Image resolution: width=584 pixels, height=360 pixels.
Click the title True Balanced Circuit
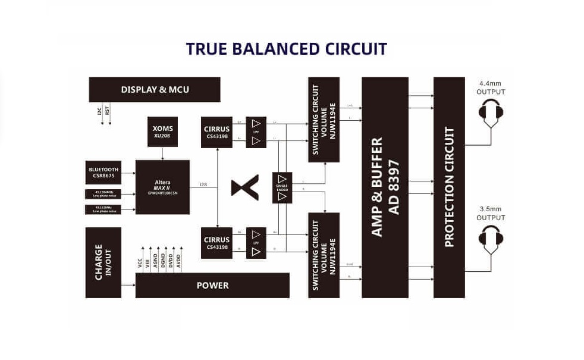pos(286,49)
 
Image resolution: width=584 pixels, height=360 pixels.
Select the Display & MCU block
pos(155,89)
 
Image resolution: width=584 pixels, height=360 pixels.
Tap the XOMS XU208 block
pos(162,132)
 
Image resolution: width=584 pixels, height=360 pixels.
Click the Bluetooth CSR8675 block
pos(103,172)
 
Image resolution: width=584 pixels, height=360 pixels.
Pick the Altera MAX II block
pos(162,187)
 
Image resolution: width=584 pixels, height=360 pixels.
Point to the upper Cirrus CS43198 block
pos(216,132)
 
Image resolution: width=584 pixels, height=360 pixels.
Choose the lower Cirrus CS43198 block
pos(216,243)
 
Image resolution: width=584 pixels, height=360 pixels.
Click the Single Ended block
pos(282,187)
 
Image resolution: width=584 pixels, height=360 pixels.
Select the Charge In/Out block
pos(103,262)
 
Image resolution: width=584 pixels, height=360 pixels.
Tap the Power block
pos(212,286)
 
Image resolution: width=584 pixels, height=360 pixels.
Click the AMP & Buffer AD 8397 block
pos(385,187)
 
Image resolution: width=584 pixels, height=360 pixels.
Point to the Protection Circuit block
pos(449,187)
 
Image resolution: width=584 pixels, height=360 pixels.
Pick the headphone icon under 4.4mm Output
pos(491,113)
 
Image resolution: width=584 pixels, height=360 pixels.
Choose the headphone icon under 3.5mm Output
pos(491,239)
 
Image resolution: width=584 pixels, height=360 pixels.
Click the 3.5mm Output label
pos(491,213)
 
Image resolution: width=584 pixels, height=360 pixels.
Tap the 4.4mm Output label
pos(491,87)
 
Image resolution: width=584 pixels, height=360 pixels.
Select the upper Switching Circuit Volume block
pos(324,119)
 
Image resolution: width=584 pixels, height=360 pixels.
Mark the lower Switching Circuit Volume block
pos(324,255)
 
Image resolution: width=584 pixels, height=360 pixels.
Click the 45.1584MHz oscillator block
pos(103,193)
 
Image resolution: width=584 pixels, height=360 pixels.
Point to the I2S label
pos(203,184)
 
